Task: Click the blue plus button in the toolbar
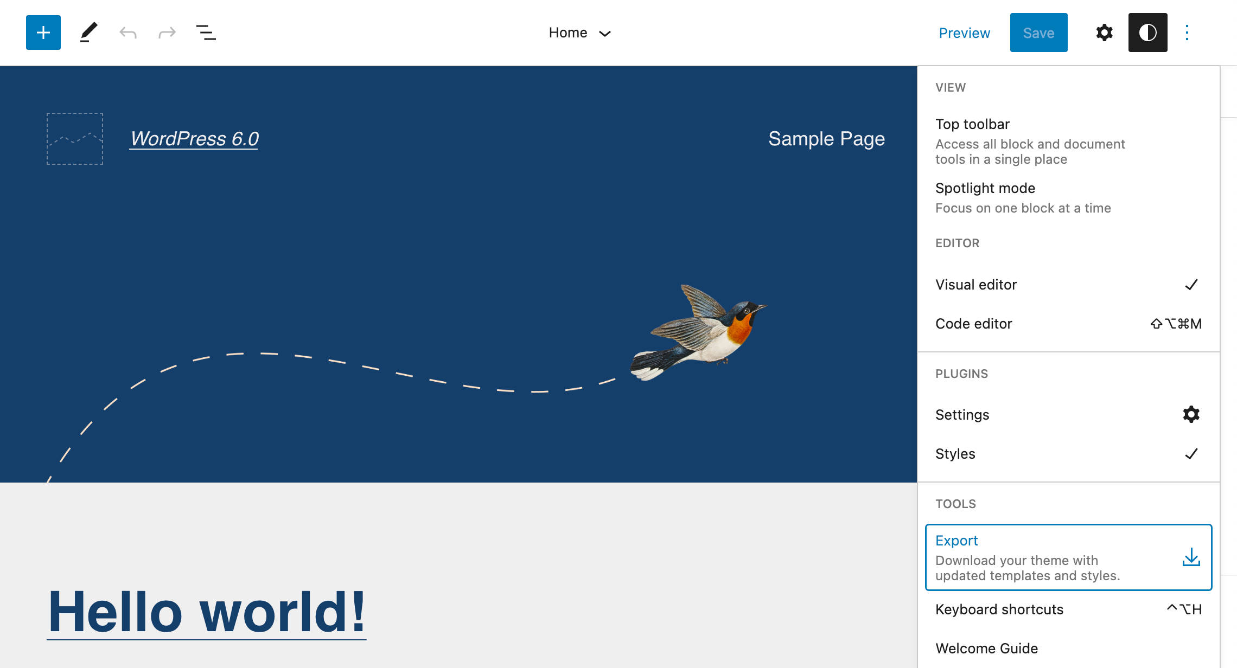[x=43, y=33]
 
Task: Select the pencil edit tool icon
[x=88, y=33]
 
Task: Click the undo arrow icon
[x=128, y=33]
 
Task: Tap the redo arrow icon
[x=167, y=33]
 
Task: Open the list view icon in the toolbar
[x=206, y=33]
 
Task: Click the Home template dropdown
[x=579, y=33]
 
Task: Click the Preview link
[x=964, y=33]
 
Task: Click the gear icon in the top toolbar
[x=1105, y=33]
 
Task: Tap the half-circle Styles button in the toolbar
[x=1148, y=33]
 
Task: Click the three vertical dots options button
[x=1187, y=33]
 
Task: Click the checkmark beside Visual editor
[x=1191, y=285]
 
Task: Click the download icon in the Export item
[x=1191, y=557]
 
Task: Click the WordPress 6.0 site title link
[x=194, y=139]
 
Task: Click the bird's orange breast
[x=739, y=329]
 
